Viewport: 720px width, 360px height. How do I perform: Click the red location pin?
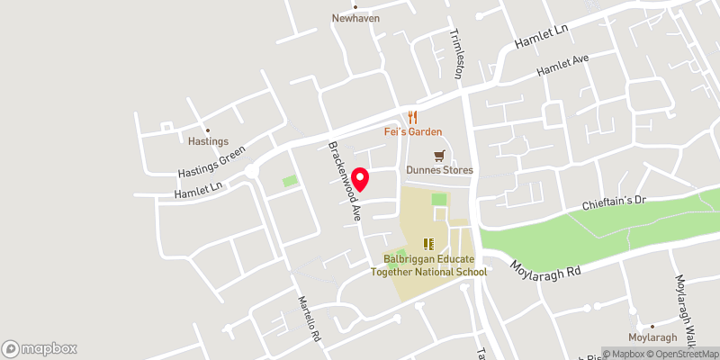361,179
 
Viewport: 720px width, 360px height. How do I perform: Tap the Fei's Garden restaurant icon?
413,117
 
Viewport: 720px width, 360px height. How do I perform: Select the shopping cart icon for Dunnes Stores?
439,156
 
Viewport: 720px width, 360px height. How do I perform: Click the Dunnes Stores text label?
439,170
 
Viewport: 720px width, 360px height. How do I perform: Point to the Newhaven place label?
355,18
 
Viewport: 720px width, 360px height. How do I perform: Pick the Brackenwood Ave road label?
344,181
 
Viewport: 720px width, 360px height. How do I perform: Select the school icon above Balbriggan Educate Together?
429,243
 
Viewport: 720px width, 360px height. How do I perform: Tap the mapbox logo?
40,348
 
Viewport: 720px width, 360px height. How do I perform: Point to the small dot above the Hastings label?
207,130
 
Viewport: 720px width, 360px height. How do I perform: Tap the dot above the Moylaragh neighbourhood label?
651,327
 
